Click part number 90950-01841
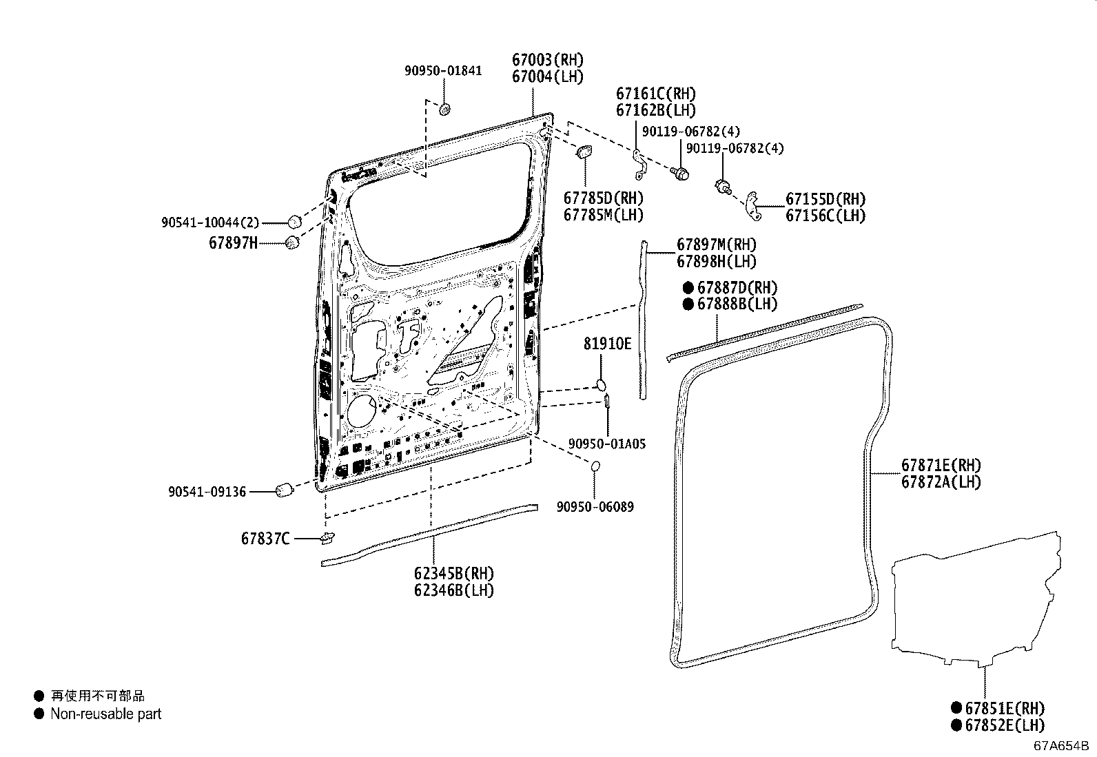click(x=443, y=71)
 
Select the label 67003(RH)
click(x=547, y=60)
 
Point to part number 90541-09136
click(x=207, y=492)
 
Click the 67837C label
click(x=265, y=539)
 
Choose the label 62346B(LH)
click(x=454, y=590)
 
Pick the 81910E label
click(x=607, y=343)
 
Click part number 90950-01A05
click(x=607, y=444)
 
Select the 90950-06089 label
click(x=595, y=507)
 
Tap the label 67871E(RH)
click(x=941, y=466)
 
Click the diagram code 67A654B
click(x=1060, y=745)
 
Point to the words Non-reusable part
click(x=105, y=714)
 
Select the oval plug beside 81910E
click(x=600, y=384)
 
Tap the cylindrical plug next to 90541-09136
click(x=284, y=490)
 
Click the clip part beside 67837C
click(x=327, y=537)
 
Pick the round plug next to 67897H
click(x=292, y=242)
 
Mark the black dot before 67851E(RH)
click(x=956, y=707)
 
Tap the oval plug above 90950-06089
click(x=595, y=468)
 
